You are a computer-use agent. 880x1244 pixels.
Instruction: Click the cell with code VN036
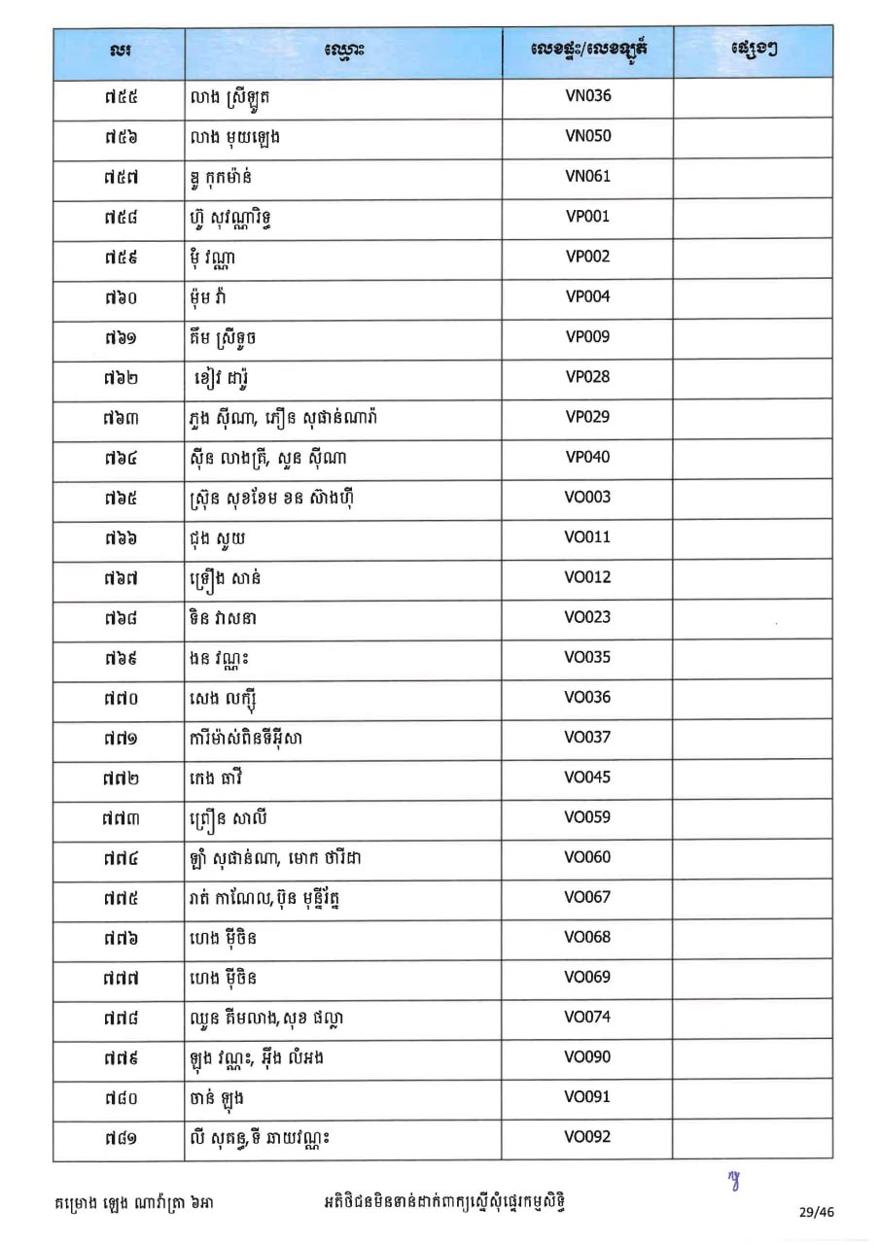587,96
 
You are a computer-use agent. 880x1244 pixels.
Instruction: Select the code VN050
587,136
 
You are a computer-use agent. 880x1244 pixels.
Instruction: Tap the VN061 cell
587,176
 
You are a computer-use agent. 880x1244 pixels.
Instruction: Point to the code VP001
587,217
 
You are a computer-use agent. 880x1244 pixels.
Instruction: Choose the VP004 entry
587,296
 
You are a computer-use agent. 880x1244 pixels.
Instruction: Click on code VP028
587,377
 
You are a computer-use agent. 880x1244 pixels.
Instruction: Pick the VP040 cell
587,457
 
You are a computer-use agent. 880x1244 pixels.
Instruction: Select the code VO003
587,497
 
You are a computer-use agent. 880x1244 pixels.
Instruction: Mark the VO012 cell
587,577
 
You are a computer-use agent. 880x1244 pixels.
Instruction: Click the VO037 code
587,737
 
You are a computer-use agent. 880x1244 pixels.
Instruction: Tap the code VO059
587,817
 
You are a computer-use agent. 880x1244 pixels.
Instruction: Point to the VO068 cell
587,937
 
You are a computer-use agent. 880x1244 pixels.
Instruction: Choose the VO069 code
587,977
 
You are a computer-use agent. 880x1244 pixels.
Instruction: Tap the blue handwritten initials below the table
735,1180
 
